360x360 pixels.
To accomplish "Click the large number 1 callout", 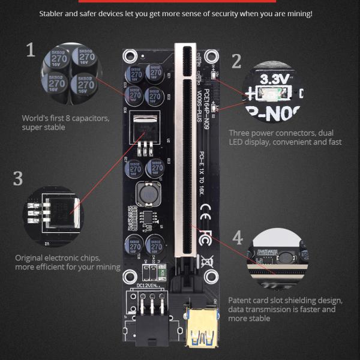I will (31, 50).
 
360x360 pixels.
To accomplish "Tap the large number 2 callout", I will (236, 61).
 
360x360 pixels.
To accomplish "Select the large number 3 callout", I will (18, 178).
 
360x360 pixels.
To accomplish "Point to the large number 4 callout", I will (238, 238).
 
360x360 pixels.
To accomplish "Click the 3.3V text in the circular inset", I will (275, 78).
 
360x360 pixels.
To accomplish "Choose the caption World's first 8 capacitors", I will (65, 118).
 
